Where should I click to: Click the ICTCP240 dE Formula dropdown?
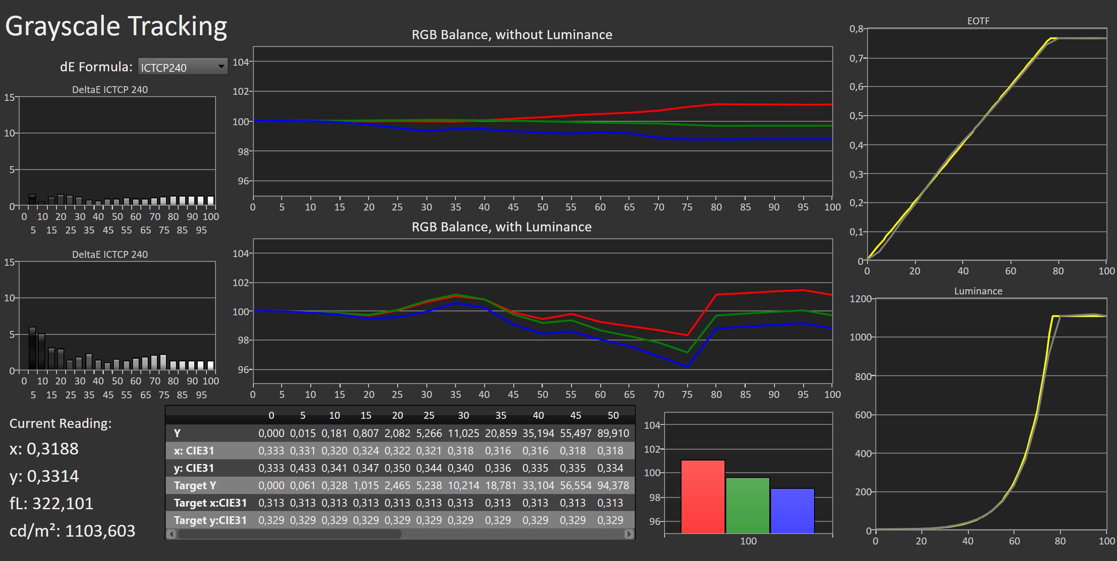coord(183,67)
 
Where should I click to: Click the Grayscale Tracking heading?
coord(116,26)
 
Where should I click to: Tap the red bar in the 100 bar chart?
coord(702,496)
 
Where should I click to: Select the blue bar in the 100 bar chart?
coord(792,511)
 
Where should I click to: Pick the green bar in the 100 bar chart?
coord(748,505)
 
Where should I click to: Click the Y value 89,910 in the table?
coord(613,433)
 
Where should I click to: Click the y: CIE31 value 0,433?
coord(303,468)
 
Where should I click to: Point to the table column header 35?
coord(500,415)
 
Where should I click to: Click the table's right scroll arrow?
coord(628,534)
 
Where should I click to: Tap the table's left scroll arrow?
coord(171,534)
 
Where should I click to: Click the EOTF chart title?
coord(978,21)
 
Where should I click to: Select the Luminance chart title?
coord(978,291)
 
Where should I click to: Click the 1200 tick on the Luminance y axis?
coord(860,299)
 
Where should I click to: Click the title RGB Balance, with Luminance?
coord(501,227)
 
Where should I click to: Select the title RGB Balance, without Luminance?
coord(512,34)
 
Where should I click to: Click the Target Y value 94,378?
coord(613,485)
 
